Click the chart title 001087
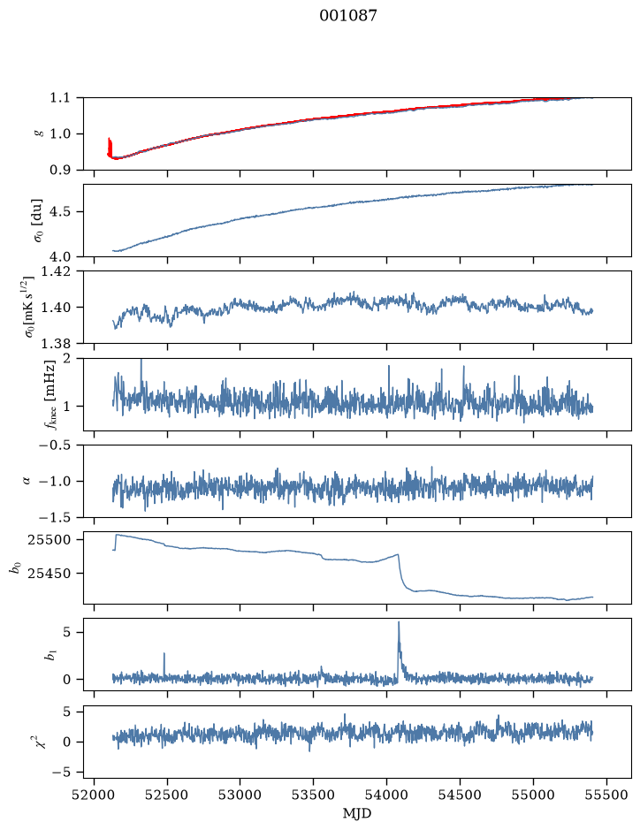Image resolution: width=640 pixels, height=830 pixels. tap(347, 16)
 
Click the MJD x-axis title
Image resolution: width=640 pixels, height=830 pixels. tap(357, 813)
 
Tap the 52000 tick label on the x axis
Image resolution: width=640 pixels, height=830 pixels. tap(95, 795)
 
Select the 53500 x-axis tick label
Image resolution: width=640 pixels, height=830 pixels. tap(314, 795)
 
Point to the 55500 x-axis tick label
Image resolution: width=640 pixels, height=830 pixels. tap(606, 795)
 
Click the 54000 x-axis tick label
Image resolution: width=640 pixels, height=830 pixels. tap(386, 795)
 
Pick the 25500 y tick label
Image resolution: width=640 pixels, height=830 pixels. tap(52, 540)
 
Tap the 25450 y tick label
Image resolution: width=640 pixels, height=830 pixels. tap(52, 574)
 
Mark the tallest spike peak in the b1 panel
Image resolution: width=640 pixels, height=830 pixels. tap(399, 622)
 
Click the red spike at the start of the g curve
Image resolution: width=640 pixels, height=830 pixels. tap(109, 146)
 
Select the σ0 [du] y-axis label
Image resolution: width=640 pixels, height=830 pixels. tap(38, 221)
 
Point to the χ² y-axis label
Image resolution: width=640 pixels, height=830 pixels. tap(41, 742)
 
